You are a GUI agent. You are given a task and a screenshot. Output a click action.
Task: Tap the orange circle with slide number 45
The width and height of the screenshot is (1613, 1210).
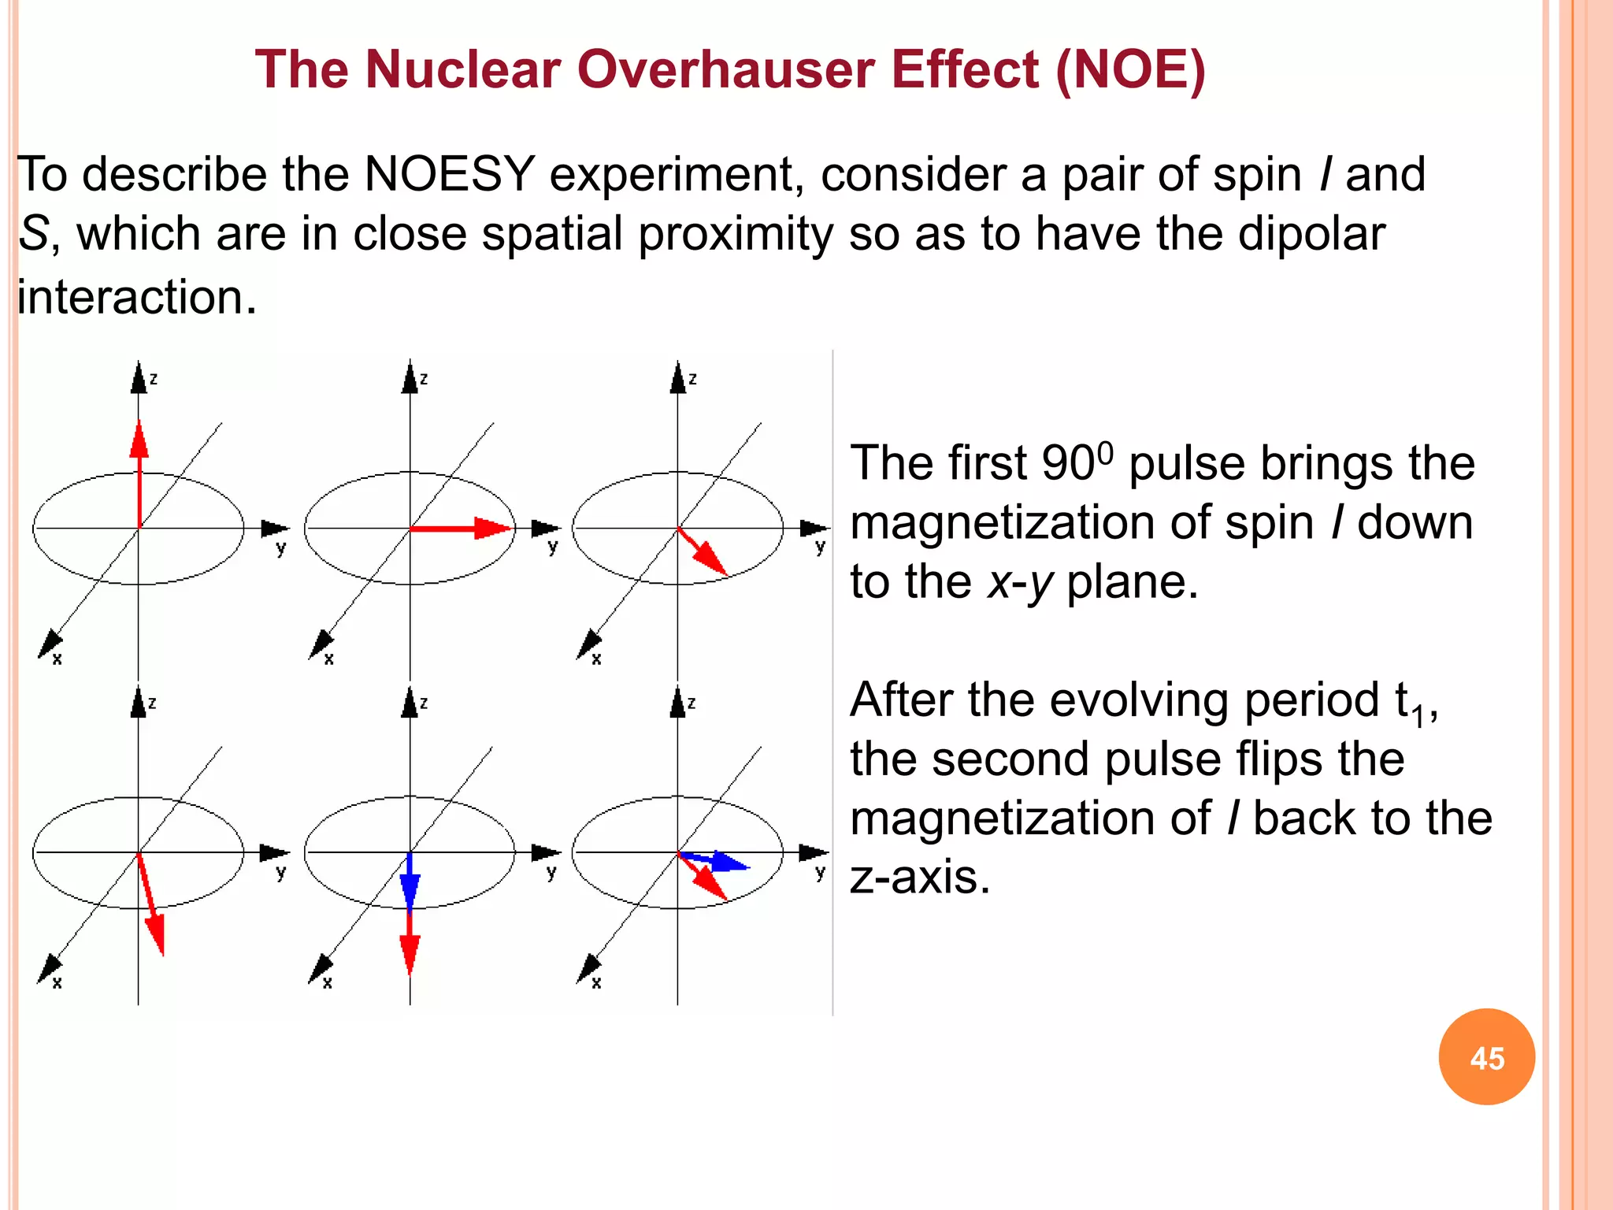(x=1486, y=1056)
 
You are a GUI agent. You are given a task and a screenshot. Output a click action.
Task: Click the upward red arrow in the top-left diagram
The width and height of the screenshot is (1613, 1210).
(x=139, y=473)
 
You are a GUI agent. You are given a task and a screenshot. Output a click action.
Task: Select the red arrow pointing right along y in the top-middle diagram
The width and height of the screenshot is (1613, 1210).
(x=461, y=528)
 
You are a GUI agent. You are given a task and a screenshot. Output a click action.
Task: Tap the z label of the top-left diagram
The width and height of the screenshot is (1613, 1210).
(x=154, y=380)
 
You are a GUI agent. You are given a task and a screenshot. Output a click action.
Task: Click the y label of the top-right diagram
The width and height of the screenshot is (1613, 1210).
(x=821, y=547)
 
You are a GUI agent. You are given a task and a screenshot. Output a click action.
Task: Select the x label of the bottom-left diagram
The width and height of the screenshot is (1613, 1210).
(x=57, y=982)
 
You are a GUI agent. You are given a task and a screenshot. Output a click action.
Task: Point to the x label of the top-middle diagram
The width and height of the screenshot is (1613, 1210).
(x=328, y=659)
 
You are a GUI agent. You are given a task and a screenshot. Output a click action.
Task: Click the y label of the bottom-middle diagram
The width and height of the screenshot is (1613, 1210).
(x=551, y=871)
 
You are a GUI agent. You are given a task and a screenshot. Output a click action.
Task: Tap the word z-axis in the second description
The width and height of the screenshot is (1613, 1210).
(x=919, y=877)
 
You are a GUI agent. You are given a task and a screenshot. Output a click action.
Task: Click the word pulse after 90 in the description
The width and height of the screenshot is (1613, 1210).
(x=1182, y=464)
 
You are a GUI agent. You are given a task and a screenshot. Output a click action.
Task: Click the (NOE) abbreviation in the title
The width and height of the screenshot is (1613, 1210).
(x=1129, y=69)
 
